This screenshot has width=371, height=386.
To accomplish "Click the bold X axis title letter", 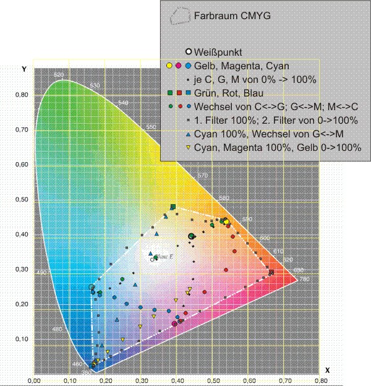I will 328,370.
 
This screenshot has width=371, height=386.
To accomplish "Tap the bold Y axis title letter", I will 23,69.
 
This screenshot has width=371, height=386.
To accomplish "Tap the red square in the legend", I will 179,93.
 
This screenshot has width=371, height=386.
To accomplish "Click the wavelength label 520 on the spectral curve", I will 59,75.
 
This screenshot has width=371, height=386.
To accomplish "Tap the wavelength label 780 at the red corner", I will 303,279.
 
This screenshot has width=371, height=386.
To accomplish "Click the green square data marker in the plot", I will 173,207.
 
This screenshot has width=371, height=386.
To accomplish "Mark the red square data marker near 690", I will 271,272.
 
